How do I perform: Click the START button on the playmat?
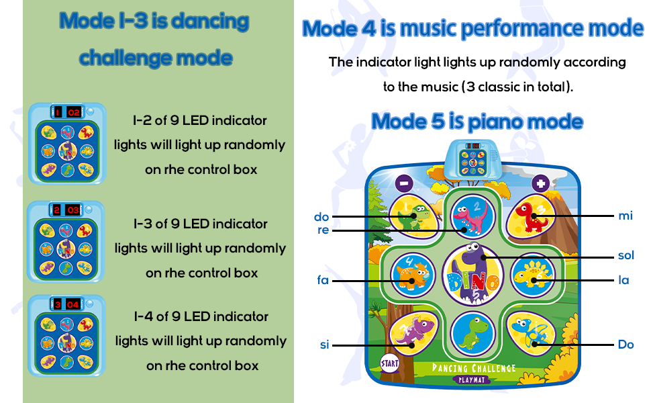click(389, 363)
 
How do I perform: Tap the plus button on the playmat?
click(540, 183)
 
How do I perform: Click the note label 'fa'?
click(323, 280)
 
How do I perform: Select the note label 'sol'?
click(625, 255)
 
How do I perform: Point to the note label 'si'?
click(324, 345)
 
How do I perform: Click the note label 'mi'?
click(625, 216)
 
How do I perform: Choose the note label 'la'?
click(624, 280)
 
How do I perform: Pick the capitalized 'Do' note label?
click(625, 345)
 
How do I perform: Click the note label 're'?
click(323, 230)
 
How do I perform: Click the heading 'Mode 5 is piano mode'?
click(477, 122)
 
